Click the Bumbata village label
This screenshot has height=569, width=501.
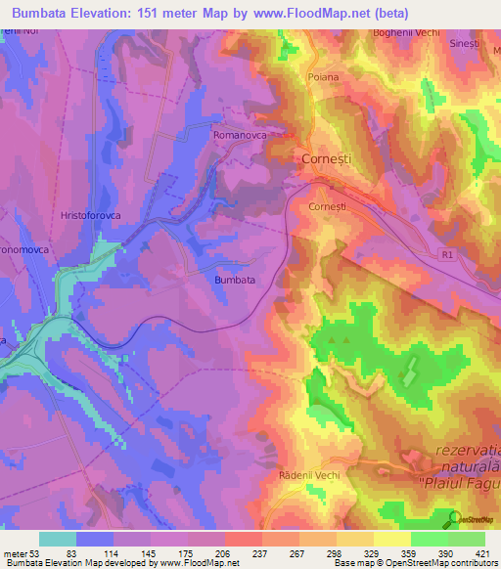(x=235, y=280)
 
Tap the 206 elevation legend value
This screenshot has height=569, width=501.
(x=225, y=553)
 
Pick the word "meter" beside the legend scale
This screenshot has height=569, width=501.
(x=15, y=553)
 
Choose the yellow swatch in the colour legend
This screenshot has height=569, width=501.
(x=392, y=539)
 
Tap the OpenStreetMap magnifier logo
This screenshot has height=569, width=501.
(x=453, y=519)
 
